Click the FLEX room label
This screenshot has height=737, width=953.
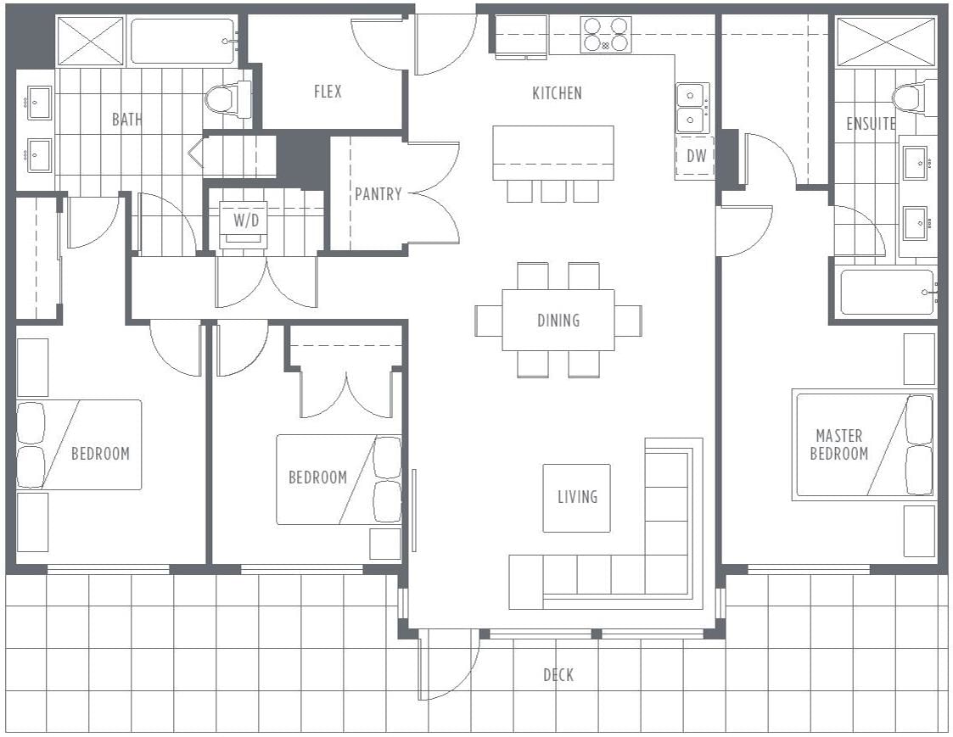click(328, 92)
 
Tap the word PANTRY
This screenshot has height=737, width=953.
click(378, 194)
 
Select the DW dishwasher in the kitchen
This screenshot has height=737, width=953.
click(695, 156)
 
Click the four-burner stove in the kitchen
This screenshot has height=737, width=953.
click(605, 34)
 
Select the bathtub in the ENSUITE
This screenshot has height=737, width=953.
click(887, 293)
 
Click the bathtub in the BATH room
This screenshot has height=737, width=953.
click(183, 42)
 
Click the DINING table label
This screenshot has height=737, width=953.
click(558, 321)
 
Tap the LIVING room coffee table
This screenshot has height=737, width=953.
click(576, 498)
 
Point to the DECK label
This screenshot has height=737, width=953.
click(558, 674)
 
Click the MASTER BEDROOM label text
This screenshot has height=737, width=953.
click(838, 444)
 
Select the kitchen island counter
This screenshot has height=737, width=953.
click(553, 153)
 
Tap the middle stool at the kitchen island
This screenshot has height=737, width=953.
click(553, 191)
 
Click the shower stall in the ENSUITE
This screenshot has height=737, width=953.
click(886, 42)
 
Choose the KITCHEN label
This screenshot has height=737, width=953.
click(557, 93)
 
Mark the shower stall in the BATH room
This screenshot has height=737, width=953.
click(90, 41)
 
